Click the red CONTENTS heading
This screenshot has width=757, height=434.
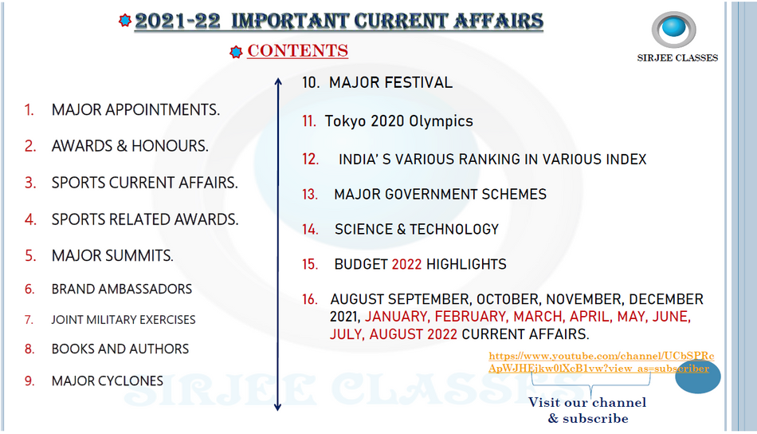tap(297, 51)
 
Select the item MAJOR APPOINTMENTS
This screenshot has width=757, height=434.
tap(135, 110)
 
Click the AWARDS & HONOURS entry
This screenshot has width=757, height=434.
tap(130, 146)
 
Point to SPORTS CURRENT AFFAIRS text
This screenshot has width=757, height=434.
tap(145, 183)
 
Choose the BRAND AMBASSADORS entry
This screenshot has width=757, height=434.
tap(122, 289)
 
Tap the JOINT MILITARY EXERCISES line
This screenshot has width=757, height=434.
tap(124, 320)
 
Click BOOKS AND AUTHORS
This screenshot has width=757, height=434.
tap(120, 349)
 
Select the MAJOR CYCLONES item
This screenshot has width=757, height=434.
tap(108, 381)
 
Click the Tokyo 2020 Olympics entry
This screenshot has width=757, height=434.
tap(398, 120)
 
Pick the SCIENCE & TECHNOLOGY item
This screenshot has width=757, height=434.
tap(417, 229)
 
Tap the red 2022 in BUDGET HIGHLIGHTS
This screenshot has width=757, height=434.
tap(406, 264)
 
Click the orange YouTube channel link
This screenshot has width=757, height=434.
tap(601, 362)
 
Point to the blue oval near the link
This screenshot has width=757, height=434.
tap(697, 377)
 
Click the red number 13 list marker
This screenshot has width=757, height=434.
tap(310, 195)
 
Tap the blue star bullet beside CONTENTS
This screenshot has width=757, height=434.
tap(236, 52)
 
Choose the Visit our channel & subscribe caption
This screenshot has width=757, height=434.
tap(587, 410)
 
